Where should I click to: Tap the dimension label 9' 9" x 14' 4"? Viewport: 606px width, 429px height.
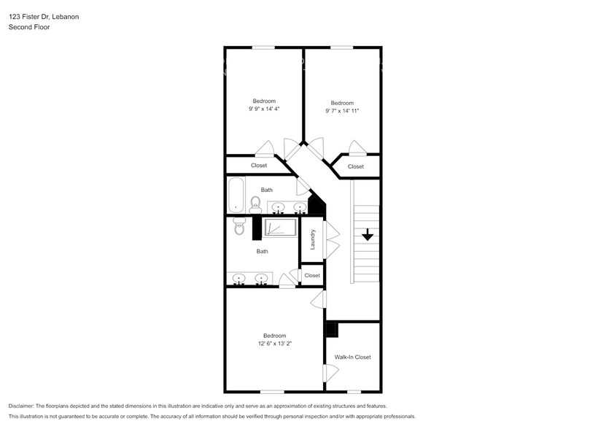point(264,109)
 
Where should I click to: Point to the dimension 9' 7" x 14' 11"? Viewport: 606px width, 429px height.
point(342,111)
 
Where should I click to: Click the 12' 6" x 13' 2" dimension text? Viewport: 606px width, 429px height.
point(274,343)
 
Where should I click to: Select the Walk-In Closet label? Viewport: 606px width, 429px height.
point(352,357)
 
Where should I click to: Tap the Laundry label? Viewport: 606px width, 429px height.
point(311,240)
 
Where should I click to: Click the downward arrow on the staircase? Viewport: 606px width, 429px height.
point(367,235)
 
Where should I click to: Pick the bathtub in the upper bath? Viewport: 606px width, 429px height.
point(236,196)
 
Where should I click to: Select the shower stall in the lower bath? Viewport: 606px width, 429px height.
point(279,228)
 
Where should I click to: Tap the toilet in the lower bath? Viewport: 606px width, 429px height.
point(239,227)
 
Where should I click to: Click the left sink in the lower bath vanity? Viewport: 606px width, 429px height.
point(238,279)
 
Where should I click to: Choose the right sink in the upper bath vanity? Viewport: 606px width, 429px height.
point(298,207)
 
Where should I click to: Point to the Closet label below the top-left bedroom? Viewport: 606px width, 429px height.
point(259,166)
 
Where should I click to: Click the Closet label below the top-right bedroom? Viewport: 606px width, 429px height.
point(355,167)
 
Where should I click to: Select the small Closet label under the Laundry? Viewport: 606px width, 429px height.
point(312,276)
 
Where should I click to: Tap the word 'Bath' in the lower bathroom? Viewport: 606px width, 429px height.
point(262,252)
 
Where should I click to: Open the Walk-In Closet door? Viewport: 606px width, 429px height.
point(330,372)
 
